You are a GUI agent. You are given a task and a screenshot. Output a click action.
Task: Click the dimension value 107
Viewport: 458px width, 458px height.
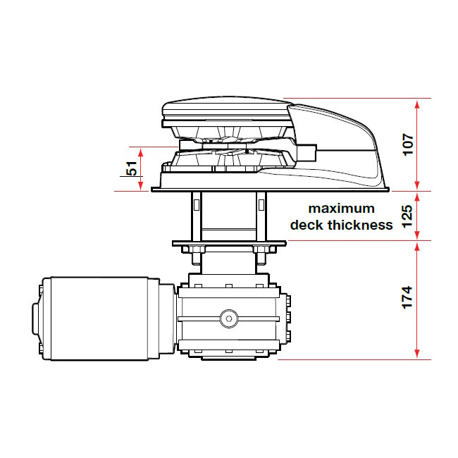408,144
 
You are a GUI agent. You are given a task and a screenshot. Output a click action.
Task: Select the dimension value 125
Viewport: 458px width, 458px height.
407,216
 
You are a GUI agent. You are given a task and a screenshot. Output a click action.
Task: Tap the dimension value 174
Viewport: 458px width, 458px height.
407,297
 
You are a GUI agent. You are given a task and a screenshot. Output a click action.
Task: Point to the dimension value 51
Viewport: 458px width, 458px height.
132,168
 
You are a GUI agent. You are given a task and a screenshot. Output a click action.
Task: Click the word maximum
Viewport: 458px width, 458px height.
342,209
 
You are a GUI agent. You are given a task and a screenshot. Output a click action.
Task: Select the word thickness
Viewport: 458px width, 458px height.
360,225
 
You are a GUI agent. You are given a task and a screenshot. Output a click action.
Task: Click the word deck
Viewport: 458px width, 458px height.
307,225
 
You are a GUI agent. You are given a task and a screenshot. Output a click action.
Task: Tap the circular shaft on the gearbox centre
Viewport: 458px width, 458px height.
229,318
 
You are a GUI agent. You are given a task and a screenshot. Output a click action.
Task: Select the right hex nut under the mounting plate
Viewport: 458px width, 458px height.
261,249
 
